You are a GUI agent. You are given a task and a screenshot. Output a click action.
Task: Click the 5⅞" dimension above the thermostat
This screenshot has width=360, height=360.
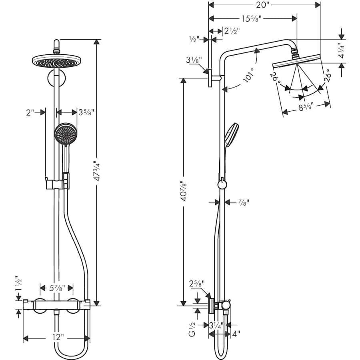point(56,287)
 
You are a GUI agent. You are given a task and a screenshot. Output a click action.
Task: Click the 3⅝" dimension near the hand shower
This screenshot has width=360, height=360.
point(87,112)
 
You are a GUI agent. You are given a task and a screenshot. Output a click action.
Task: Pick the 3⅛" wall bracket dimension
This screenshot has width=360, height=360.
point(194,61)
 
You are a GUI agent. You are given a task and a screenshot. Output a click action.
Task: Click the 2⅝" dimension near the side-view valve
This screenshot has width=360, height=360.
point(197,284)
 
